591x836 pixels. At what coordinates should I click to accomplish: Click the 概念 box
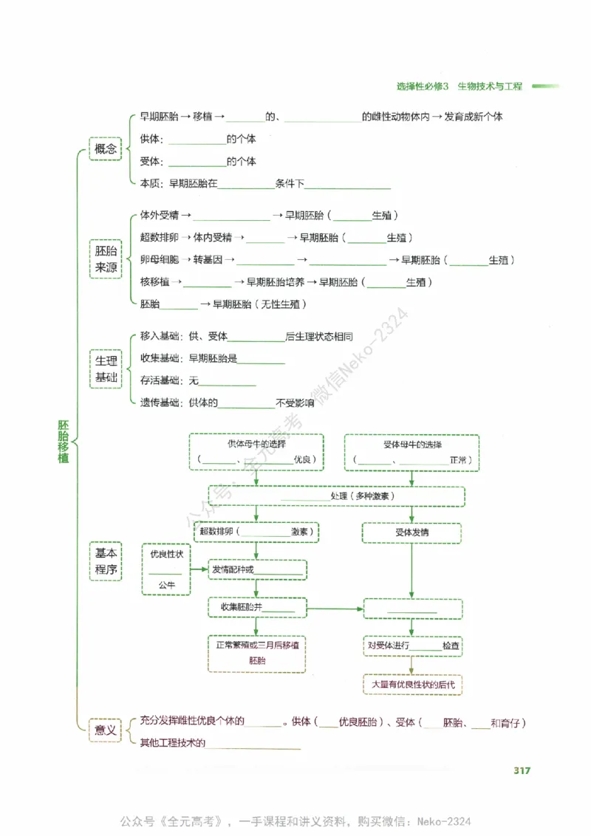tap(105, 149)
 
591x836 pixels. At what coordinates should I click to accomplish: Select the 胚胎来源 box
tap(105, 259)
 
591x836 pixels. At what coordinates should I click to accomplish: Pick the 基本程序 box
tap(105, 561)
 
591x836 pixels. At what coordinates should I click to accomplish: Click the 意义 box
tap(105, 730)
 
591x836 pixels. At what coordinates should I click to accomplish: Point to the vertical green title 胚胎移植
tap(64, 442)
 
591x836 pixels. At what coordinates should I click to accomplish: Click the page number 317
tap(522, 771)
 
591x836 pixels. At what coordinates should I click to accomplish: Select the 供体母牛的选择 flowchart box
tap(256, 452)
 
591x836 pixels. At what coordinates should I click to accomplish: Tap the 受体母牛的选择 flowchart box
tap(412, 452)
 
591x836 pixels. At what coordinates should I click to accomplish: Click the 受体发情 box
tap(411, 532)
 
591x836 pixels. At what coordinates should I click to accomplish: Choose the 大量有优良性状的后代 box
tap(412, 685)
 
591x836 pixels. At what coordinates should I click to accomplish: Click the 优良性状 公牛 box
tap(166, 569)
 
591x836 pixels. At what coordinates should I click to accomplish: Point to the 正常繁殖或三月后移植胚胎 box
tap(256, 653)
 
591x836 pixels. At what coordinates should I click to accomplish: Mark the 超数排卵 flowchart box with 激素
tap(256, 532)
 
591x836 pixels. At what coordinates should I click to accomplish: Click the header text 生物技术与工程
tap(490, 86)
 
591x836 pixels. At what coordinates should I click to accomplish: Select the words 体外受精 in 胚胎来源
tap(159, 216)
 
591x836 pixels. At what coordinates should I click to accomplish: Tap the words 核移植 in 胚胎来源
tap(154, 282)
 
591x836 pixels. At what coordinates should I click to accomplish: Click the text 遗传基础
tap(159, 403)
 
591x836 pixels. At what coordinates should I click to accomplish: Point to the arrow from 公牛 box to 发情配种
tap(199, 569)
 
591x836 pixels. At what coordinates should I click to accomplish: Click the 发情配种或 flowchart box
tap(256, 569)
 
